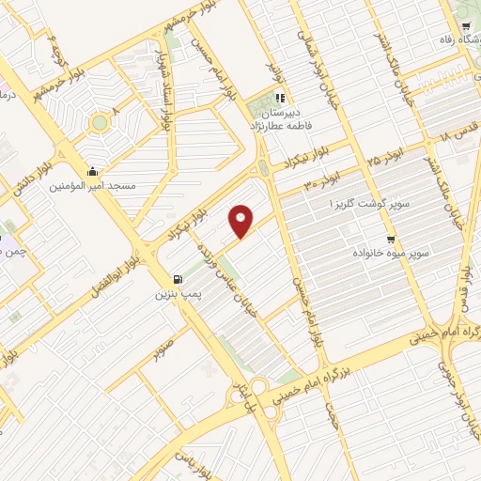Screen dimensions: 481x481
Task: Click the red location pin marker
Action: click(x=241, y=221)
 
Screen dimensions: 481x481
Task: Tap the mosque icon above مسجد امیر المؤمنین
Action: click(x=92, y=171)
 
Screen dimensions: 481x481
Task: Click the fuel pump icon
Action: click(x=177, y=279)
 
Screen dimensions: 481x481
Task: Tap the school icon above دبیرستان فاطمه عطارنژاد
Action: click(x=279, y=98)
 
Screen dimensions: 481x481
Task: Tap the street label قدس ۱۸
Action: click(x=455, y=132)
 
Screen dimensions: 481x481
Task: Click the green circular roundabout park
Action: click(x=100, y=123)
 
